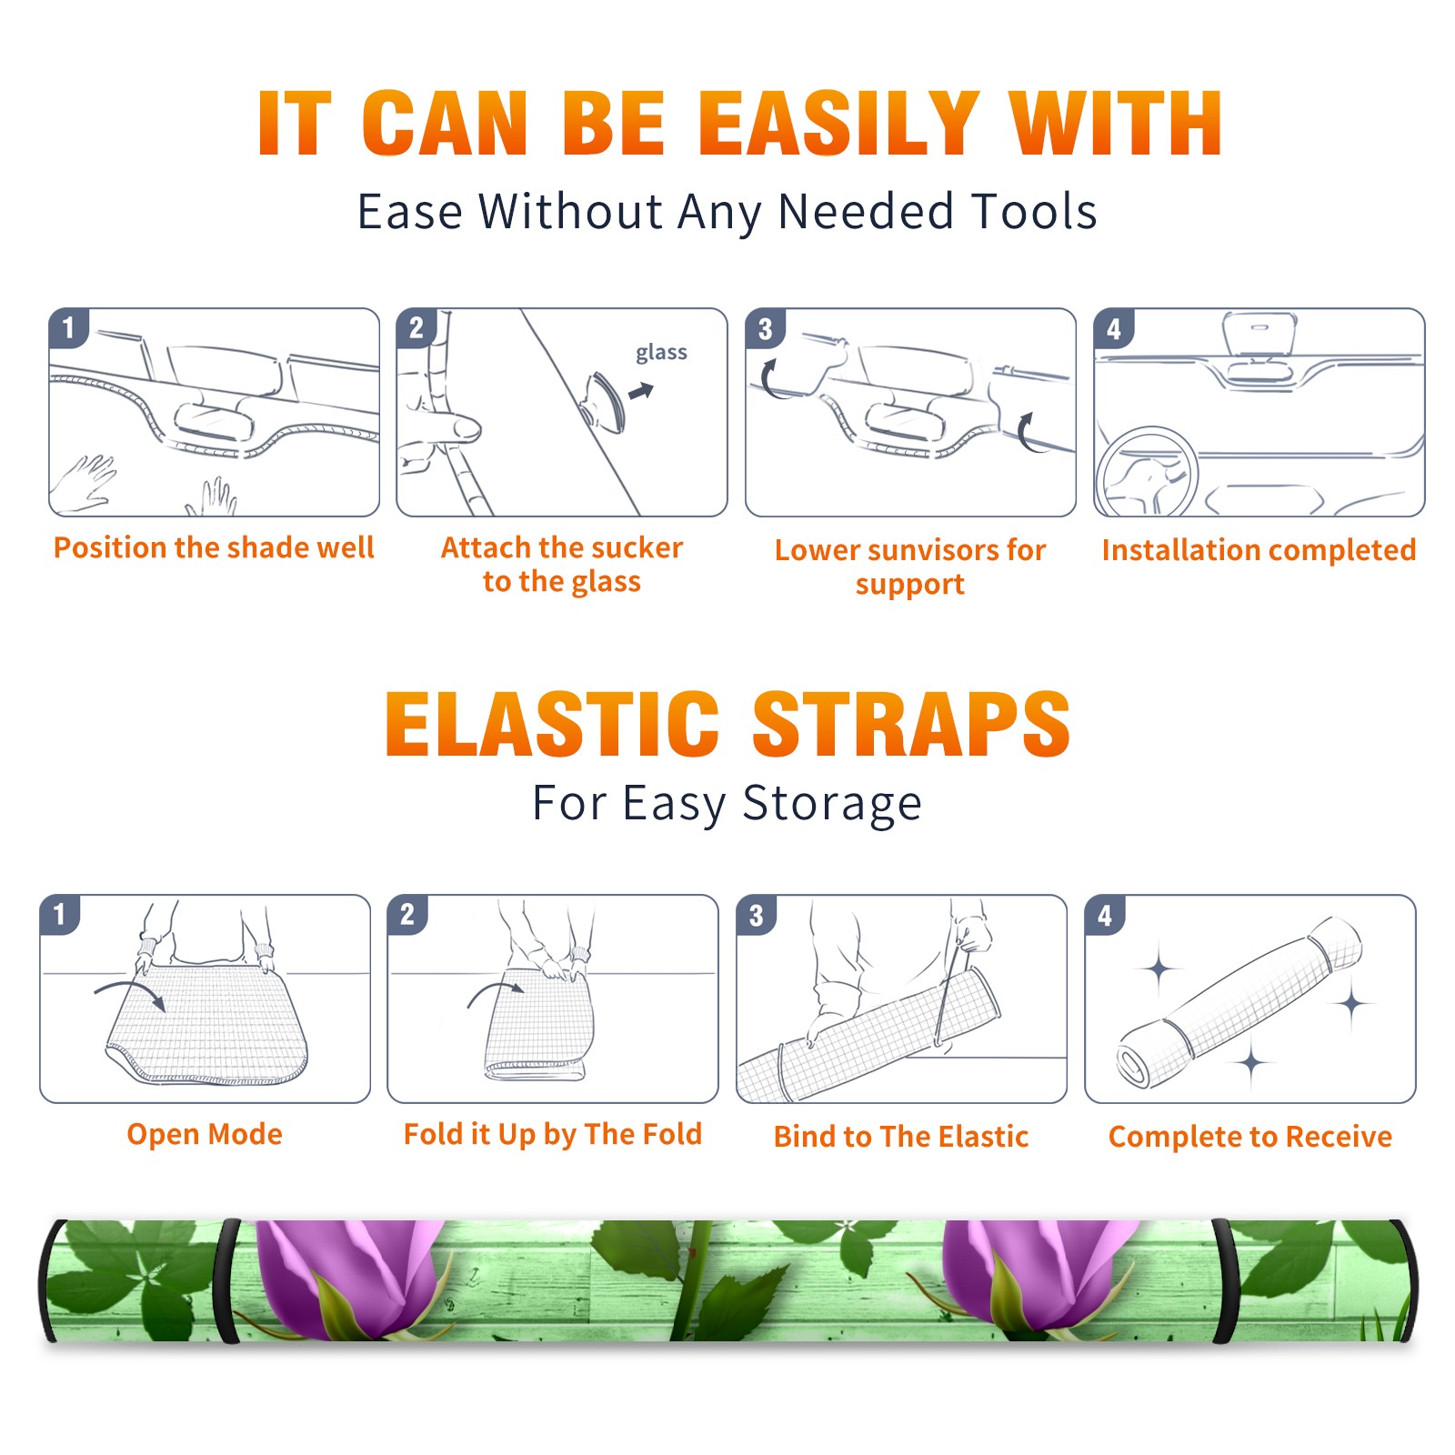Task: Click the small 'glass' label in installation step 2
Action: (x=661, y=352)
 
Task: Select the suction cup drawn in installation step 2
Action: (x=603, y=401)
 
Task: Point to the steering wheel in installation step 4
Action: (x=1146, y=473)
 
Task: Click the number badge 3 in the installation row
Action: (x=765, y=328)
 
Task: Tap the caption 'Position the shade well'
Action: (x=214, y=547)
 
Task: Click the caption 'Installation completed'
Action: (x=1259, y=549)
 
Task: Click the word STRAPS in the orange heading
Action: (x=911, y=724)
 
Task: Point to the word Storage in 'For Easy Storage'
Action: (x=831, y=805)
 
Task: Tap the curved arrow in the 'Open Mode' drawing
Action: (x=130, y=994)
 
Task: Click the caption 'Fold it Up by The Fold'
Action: (x=553, y=1135)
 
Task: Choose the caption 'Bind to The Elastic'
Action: (x=901, y=1137)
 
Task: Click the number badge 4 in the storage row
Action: (x=1105, y=915)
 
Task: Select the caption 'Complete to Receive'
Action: (x=1250, y=1137)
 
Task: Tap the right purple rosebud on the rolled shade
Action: (x=1037, y=1278)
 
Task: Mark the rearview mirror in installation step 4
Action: (x=1259, y=334)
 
